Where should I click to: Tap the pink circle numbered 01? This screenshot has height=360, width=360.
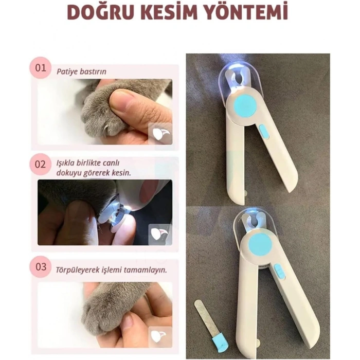click(41, 68)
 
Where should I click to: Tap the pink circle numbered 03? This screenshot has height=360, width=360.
click(41, 267)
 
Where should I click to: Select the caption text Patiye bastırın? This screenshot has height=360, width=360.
click(82, 71)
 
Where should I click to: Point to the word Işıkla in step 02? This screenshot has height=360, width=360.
click(66, 164)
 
